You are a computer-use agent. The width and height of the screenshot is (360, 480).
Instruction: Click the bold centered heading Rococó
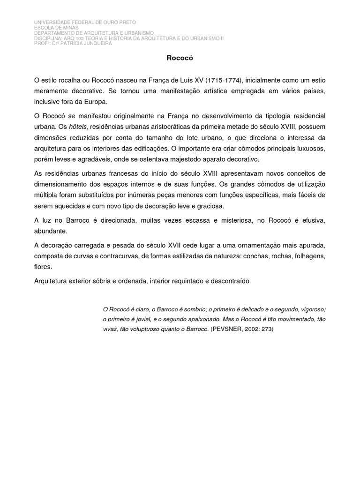click(180, 59)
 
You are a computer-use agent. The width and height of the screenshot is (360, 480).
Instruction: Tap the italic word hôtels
click(78, 127)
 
